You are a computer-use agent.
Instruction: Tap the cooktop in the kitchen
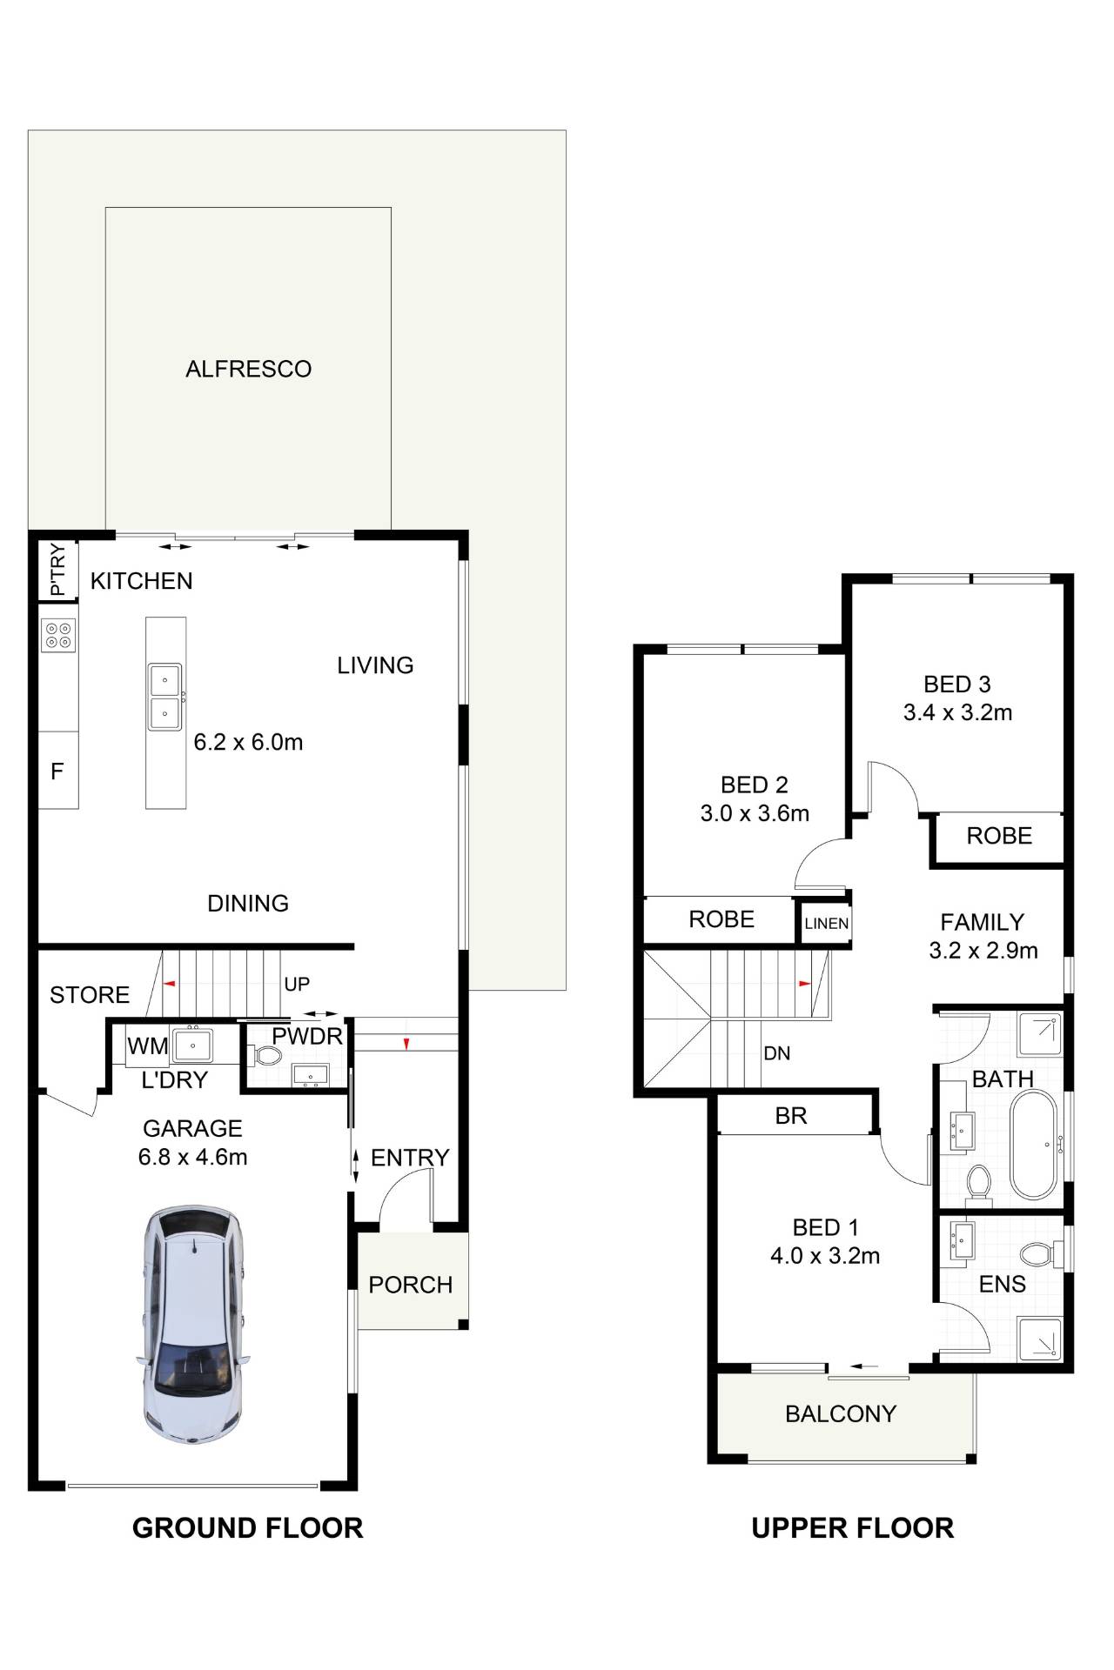pos(58,635)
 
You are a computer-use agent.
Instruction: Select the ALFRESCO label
pos(248,369)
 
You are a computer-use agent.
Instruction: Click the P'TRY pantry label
pos(57,571)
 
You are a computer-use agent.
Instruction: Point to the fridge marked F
pos(58,771)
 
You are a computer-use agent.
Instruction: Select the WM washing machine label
pos(148,1046)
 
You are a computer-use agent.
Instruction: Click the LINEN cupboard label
pos(826,924)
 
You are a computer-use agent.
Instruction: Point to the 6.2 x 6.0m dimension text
pos(248,742)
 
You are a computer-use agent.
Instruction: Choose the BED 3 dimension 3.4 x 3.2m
pos(957,712)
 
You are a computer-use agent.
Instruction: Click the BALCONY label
pos(841,1413)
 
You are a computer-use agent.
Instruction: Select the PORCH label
pos(411,1285)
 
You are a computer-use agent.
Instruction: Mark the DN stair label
pos(777,1053)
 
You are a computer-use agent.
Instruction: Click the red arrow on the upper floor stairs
pos(805,984)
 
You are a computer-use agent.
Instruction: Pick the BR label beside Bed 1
pos(791,1116)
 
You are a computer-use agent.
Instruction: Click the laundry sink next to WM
pos(192,1044)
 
